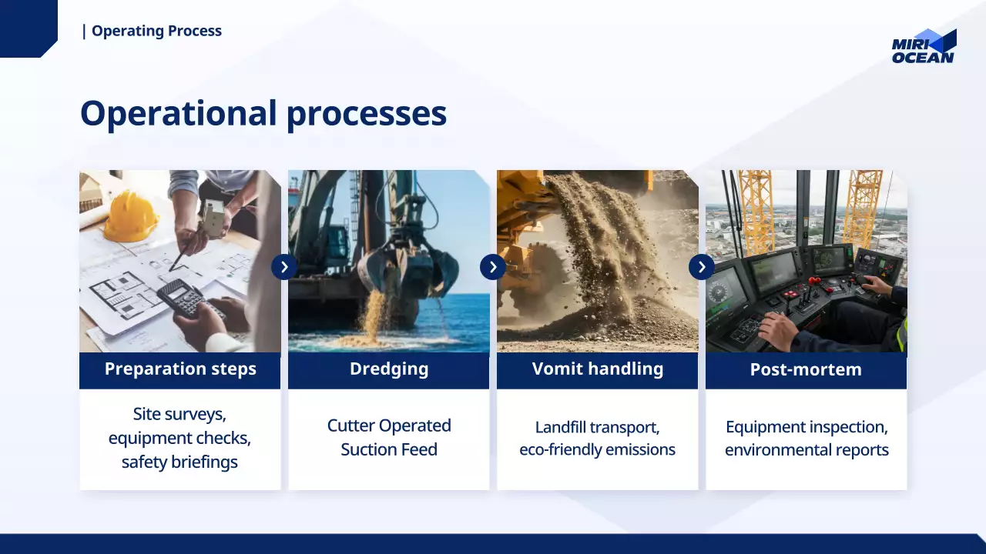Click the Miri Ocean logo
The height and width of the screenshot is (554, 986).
pos(924,46)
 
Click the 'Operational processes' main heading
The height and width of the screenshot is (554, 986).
pos(263,113)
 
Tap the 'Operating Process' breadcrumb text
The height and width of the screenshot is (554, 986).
pos(156,31)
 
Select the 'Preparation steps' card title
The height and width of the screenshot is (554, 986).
pos(180,369)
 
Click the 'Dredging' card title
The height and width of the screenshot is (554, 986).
pos(389,369)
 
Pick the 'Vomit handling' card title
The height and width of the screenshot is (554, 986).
pos(597,369)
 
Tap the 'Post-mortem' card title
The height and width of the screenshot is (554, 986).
pos(806,369)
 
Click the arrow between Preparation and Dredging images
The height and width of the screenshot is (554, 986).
pos(284,267)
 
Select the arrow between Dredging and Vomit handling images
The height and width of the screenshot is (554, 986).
pos(492,267)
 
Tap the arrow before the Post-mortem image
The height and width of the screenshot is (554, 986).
pos(701,267)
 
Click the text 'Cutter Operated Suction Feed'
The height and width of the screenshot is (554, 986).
pos(389,438)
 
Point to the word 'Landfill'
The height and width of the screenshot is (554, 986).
pos(560,427)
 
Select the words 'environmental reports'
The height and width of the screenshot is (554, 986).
pos(807,450)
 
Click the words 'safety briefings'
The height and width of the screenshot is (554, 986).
pos(179,462)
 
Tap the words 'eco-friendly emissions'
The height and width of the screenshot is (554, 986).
pos(597,449)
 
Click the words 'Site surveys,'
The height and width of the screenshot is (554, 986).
pos(179,414)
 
